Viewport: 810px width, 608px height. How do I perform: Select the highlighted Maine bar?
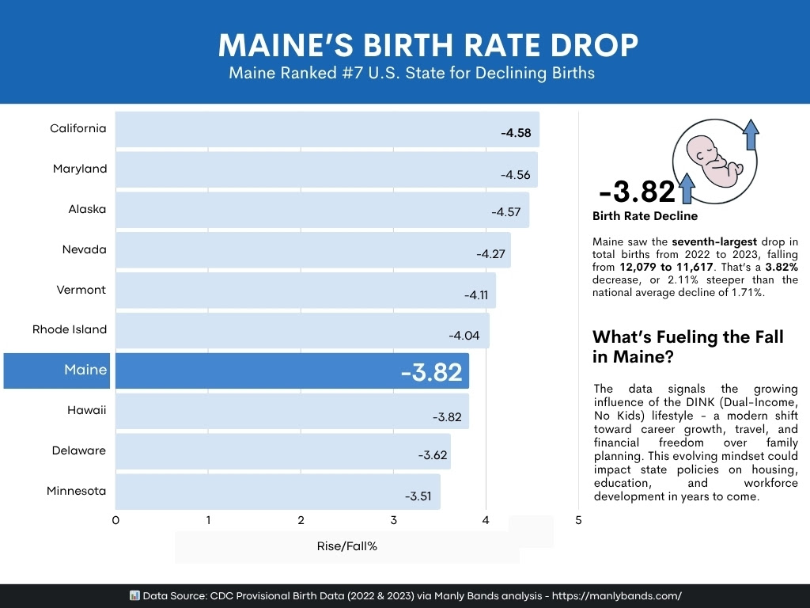(x=292, y=370)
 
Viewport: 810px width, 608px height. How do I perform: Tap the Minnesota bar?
(x=278, y=492)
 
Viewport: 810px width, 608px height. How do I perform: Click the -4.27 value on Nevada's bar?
(x=491, y=254)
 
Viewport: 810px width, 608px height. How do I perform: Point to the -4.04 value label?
(x=464, y=335)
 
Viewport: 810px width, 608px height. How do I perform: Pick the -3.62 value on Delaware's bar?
(x=433, y=455)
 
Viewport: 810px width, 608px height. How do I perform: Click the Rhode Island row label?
(x=70, y=329)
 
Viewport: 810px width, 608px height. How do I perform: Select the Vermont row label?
(x=81, y=290)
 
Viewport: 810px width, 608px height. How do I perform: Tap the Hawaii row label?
(x=86, y=410)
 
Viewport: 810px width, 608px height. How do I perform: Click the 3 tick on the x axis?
(x=393, y=520)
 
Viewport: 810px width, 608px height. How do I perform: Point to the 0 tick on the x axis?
(x=115, y=520)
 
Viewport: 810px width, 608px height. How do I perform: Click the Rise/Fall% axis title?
(x=347, y=546)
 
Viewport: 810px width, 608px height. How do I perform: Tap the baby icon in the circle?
(x=714, y=156)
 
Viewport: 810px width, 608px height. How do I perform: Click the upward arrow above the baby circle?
(x=751, y=135)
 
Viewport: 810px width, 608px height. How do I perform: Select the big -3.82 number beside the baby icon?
(x=637, y=192)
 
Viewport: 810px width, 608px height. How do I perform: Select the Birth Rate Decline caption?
(x=645, y=215)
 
